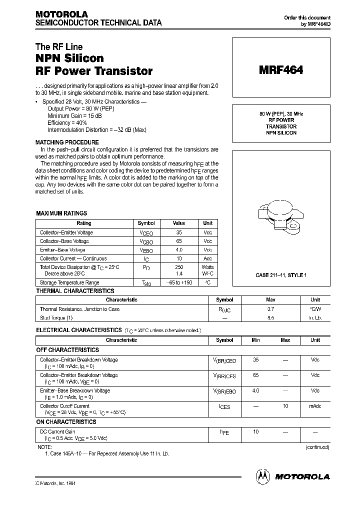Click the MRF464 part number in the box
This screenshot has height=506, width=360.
pyautogui.click(x=280, y=70)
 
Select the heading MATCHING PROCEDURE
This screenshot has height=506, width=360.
pyautogui.click(x=67, y=142)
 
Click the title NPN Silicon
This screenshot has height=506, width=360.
pyautogui.click(x=69, y=58)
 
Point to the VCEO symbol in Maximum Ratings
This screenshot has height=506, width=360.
pyautogui.click(x=146, y=233)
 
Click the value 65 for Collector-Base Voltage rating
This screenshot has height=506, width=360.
pyautogui.click(x=178, y=241)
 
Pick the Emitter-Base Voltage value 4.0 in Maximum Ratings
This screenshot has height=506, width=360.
pyautogui.click(x=178, y=249)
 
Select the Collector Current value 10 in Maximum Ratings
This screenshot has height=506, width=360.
pyautogui.click(x=178, y=258)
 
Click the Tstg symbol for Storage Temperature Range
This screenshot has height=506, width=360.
pyautogui.click(x=146, y=283)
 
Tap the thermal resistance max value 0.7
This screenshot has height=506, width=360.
pyautogui.click(x=270, y=309)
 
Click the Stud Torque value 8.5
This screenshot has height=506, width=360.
pyautogui.click(x=270, y=317)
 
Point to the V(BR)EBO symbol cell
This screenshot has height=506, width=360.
pyautogui.click(x=224, y=391)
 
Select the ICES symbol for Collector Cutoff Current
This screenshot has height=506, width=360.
pyautogui.click(x=224, y=407)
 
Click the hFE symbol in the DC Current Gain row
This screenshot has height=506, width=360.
pyautogui.click(x=224, y=432)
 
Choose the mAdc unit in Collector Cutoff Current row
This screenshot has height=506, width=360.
pyautogui.click(x=315, y=406)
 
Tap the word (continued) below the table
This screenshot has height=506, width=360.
pyautogui.click(x=317, y=447)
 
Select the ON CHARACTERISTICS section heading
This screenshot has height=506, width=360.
pyautogui.click(x=66, y=422)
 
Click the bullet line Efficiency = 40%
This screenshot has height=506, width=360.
pyautogui.click(x=67, y=122)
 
